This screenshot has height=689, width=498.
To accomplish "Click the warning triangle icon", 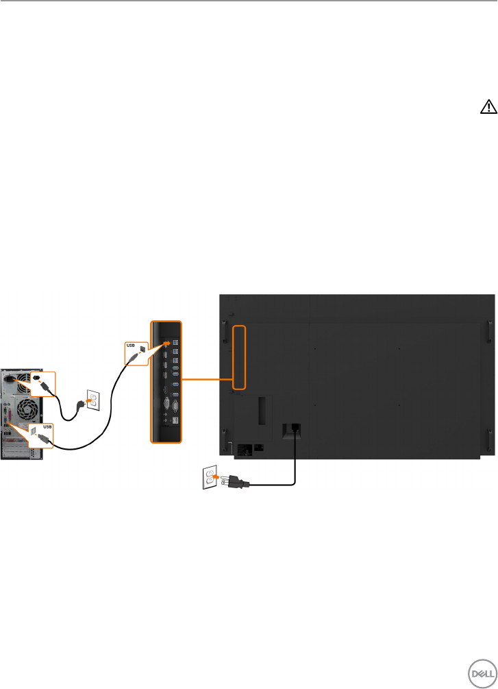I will tap(487, 106).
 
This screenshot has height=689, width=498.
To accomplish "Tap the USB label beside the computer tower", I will tap(47, 425).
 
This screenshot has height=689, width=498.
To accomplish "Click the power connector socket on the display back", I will tap(293, 428).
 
